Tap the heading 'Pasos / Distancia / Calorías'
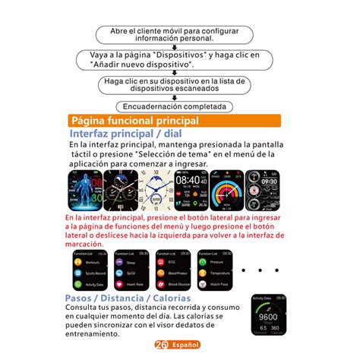[127, 298]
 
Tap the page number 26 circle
[160, 344]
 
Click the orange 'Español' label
[185, 344]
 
